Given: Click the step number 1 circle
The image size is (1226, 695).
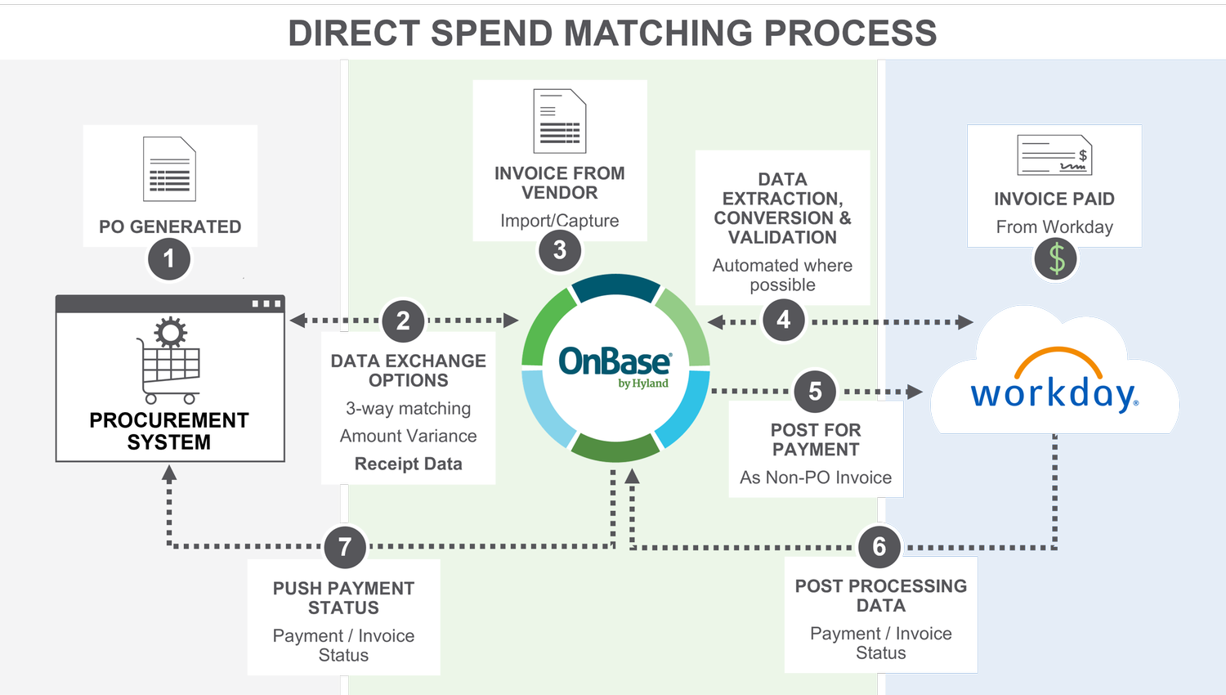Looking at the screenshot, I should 169,259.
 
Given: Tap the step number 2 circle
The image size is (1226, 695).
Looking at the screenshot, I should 403,321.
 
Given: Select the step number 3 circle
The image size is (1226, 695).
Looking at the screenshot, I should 560,250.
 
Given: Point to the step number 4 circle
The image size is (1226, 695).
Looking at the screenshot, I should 784,320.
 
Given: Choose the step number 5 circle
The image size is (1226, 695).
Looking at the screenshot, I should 815,392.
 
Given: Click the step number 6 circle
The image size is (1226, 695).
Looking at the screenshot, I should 879,546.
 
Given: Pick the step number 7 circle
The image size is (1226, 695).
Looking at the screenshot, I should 345,547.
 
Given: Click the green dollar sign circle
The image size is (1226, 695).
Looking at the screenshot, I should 1056,260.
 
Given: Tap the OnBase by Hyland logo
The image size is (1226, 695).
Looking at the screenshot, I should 615,366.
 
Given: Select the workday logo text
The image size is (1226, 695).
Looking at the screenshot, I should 1054,393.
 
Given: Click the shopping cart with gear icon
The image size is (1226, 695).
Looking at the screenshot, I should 169,360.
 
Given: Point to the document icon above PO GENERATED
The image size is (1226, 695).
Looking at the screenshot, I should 169,169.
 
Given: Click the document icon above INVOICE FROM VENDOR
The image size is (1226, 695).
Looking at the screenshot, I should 560,121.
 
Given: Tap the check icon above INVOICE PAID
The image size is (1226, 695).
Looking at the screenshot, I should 1054,155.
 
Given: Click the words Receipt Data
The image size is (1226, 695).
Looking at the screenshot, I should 408,464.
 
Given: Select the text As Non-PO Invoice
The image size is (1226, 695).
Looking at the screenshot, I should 816,478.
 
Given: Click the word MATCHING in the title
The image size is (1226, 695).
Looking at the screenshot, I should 659,34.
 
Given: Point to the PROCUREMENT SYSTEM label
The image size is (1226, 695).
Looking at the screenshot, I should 169,431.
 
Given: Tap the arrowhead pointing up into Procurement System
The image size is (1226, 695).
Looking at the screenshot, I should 169,473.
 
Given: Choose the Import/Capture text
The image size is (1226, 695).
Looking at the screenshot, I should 560,221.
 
